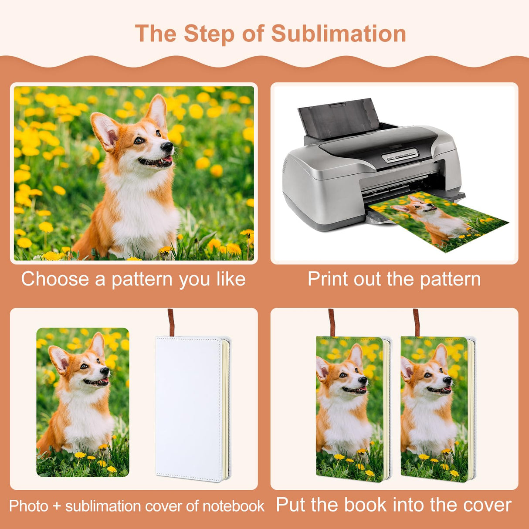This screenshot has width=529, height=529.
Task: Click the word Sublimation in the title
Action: pos(339,34)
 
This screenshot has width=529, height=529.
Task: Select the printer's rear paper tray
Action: pos(336,118)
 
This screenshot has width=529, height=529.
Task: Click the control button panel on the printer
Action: pos(400,156)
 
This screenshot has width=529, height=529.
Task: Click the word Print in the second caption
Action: pos(328,279)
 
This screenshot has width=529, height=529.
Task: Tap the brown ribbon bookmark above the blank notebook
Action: pos(171,322)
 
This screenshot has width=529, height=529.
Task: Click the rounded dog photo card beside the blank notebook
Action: pos(83,402)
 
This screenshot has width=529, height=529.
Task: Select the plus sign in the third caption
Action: pos(57,506)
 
